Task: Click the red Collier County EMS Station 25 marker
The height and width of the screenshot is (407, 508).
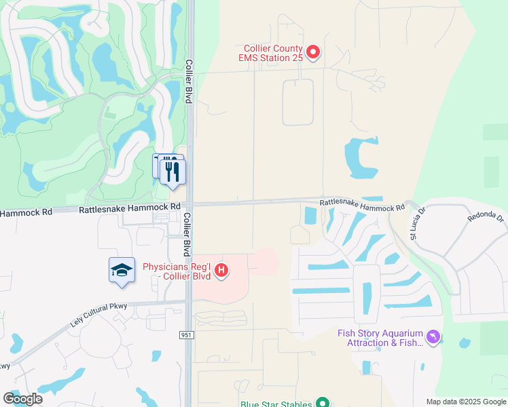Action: (x=313, y=52)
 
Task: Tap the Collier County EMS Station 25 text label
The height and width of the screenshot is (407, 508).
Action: (x=275, y=53)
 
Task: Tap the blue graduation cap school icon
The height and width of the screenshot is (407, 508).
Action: (x=122, y=271)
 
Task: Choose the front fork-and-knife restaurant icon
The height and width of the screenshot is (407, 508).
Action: (x=173, y=171)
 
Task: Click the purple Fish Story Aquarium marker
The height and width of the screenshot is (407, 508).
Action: (x=432, y=337)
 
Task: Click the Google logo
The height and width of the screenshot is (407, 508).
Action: (x=22, y=398)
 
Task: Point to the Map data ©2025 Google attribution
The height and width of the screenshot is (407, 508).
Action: (x=465, y=402)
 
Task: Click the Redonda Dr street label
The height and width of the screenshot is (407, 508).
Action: (x=486, y=217)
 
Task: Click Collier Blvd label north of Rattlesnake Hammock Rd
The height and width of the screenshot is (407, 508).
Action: (x=189, y=81)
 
